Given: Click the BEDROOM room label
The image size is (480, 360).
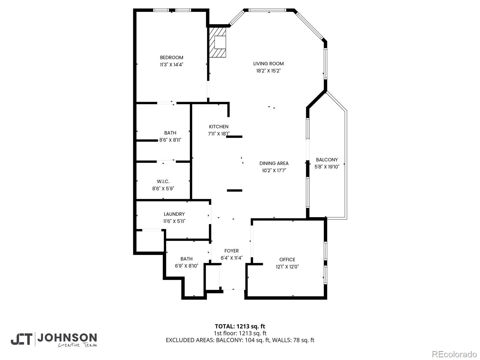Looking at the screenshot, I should (x=171, y=58).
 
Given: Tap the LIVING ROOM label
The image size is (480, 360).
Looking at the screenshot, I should (x=268, y=64).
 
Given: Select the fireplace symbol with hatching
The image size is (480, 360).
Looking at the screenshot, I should (x=218, y=42).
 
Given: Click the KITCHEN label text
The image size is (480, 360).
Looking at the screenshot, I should (x=219, y=127).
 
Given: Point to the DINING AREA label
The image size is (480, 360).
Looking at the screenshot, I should (x=274, y=163).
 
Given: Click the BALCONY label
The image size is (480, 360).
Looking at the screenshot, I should (x=327, y=160).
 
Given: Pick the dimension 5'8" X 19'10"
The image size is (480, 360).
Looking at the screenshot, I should (x=327, y=167).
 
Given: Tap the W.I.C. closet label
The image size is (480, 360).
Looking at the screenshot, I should (x=163, y=181).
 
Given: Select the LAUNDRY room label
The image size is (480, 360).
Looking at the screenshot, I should (x=174, y=214).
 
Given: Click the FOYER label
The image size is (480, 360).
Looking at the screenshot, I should (x=232, y=251).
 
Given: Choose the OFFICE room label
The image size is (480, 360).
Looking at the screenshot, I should (x=287, y=259).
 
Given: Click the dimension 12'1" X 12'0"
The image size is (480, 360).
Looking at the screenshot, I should (x=287, y=267).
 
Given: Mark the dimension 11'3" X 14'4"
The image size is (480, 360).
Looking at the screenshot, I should (x=171, y=64).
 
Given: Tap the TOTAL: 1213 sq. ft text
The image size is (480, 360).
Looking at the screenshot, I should (x=240, y=326).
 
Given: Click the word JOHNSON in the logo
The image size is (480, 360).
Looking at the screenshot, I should (x=67, y=338).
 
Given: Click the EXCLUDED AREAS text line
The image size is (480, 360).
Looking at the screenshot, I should (x=240, y=340).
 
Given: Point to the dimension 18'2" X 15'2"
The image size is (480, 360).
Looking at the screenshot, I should (x=268, y=71).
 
